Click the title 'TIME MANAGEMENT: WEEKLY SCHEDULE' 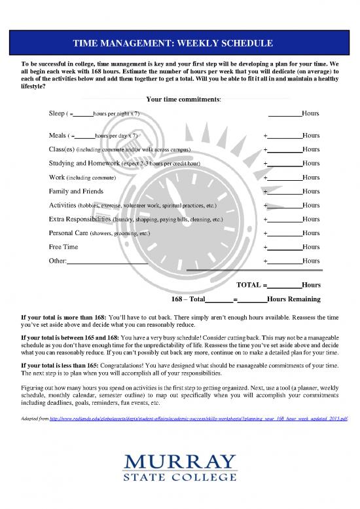180,43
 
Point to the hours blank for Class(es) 284,150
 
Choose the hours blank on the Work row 284,178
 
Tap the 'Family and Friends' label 76,191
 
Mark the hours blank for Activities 284,206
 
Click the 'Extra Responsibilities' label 80,219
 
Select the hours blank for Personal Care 284,233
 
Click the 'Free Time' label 63,247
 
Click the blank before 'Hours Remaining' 253,300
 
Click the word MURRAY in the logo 180,462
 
